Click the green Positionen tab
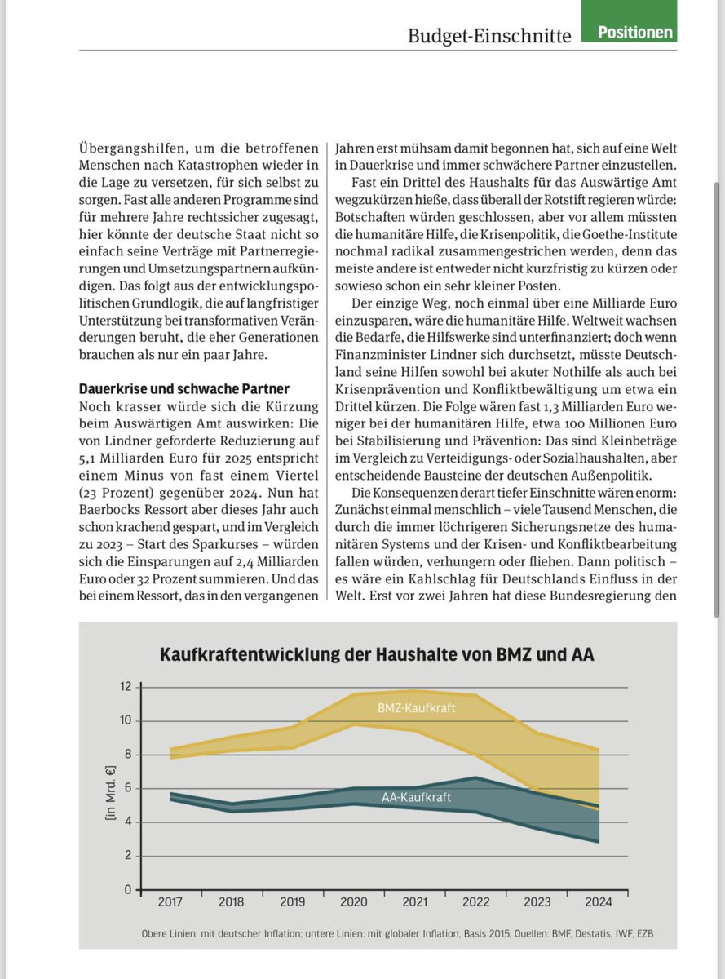[635, 32]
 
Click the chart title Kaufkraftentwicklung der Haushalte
[377, 654]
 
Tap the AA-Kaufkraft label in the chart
[417, 796]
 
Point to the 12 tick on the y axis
[126, 687]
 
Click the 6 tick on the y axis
[127, 788]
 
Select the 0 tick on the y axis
[127, 889]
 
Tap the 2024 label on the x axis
[598, 902]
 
